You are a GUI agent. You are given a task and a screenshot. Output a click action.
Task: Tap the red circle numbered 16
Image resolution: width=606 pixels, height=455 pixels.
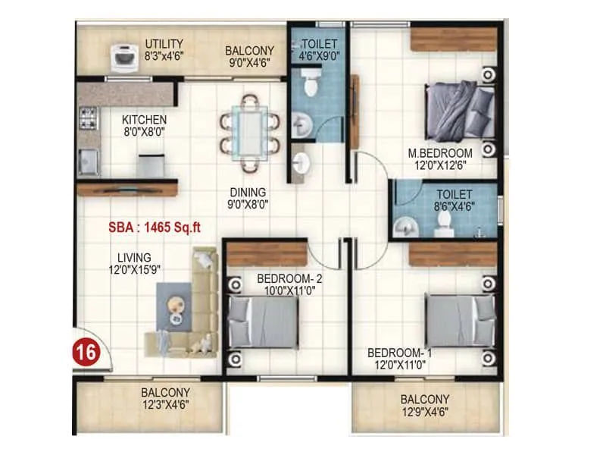(85, 352)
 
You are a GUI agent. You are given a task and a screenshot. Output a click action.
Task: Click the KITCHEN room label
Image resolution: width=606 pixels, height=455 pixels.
(144, 120)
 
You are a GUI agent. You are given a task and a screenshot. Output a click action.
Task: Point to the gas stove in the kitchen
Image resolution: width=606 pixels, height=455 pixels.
(88, 118)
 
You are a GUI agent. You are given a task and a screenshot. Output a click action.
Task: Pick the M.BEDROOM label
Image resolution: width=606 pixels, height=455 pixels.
(440, 152)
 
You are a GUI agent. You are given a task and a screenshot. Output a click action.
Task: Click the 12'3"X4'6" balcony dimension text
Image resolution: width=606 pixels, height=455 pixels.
(165, 404)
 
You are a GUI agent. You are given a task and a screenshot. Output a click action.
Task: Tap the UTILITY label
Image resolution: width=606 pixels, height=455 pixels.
(164, 42)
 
